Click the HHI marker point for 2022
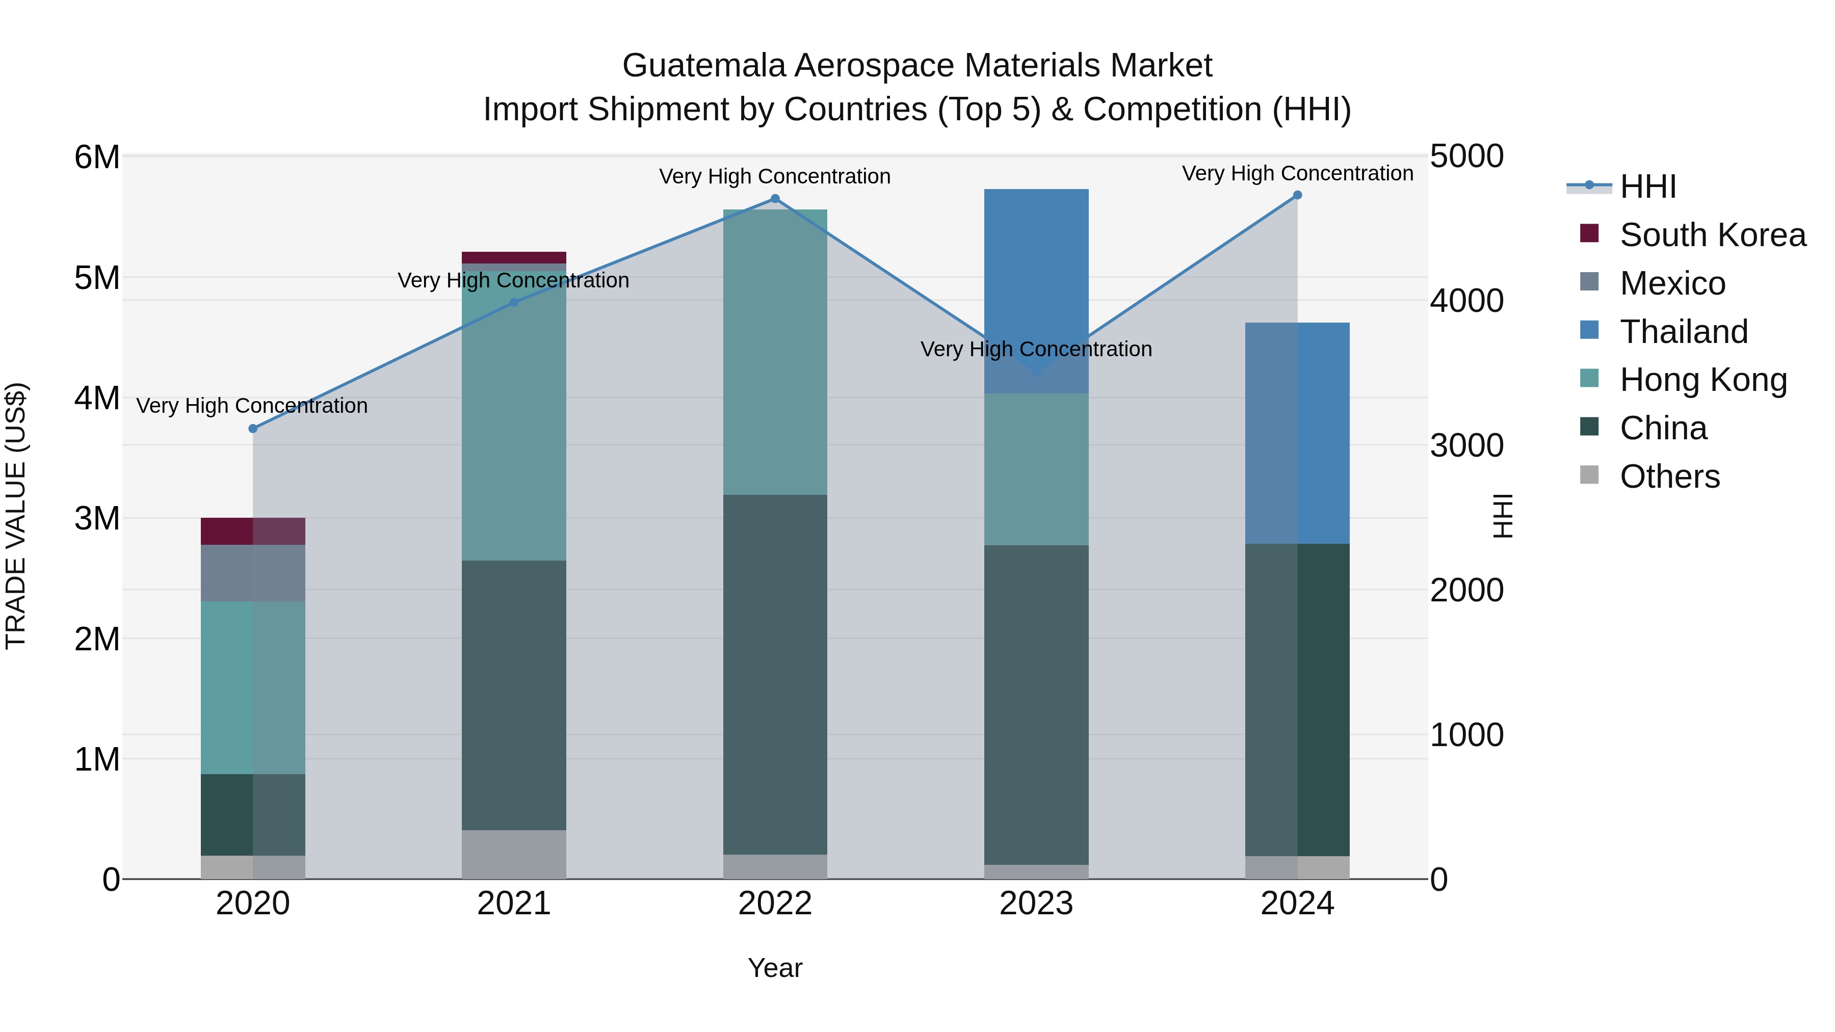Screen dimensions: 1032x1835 [x=775, y=199]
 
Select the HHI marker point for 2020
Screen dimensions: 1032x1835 [x=253, y=428]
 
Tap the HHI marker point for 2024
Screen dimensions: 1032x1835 [x=1297, y=195]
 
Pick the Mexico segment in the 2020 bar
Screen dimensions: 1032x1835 [x=253, y=573]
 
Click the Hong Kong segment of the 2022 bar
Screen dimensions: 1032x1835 [x=775, y=352]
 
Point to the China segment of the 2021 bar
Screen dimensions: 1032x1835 [x=514, y=695]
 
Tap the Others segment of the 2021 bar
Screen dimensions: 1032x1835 [x=514, y=854]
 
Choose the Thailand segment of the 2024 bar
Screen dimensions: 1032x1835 [x=1297, y=433]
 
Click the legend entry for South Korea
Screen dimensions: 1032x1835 [x=1713, y=235]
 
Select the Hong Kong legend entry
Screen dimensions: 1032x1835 [x=1703, y=380]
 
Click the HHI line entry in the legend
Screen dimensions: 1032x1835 [x=1647, y=187]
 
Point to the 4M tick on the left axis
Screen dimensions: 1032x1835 [x=97, y=398]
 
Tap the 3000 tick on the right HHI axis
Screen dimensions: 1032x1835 [x=1466, y=446]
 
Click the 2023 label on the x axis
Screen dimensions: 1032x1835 [x=1036, y=904]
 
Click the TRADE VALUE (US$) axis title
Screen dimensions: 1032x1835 [x=16, y=516]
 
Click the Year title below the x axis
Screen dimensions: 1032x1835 [x=775, y=968]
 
